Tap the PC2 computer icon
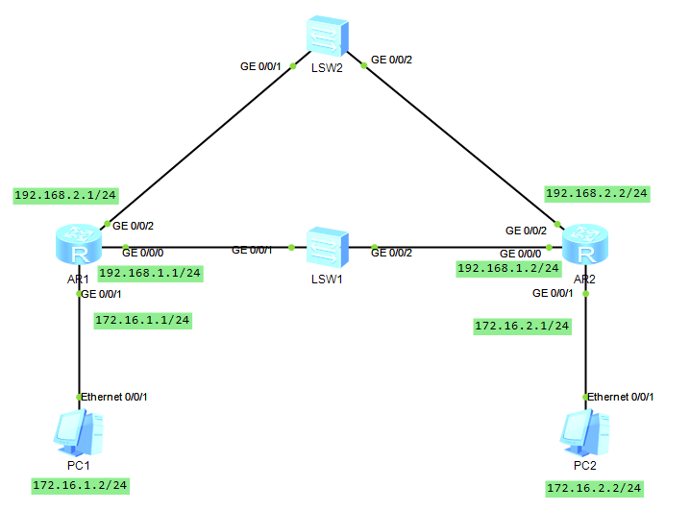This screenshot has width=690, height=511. click(x=584, y=433)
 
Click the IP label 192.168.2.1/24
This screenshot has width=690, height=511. click(x=65, y=195)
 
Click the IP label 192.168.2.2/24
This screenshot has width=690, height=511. click(x=596, y=193)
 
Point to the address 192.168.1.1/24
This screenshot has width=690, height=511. click(x=150, y=273)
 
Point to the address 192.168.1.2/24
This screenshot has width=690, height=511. click(x=508, y=268)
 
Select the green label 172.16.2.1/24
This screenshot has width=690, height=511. click(x=523, y=327)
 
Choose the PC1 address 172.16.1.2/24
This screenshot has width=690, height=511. click(x=80, y=485)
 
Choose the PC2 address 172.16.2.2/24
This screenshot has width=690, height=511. click(x=593, y=488)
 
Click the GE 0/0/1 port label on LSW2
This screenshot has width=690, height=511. click(x=259, y=66)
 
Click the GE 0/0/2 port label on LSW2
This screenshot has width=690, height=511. click(x=391, y=60)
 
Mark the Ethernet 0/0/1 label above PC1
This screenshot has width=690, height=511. click(x=114, y=396)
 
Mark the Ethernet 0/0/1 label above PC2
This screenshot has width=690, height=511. click(x=621, y=396)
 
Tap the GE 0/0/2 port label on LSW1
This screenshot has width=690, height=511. click(x=391, y=252)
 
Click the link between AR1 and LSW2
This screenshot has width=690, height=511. click(x=202, y=143)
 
